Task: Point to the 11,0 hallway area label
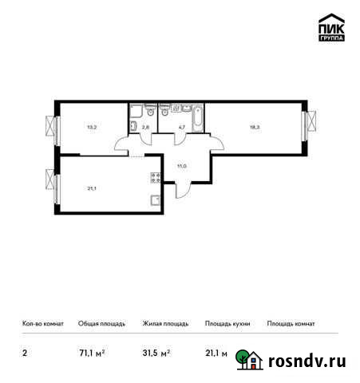[182, 165]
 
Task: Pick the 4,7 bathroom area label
[182, 125]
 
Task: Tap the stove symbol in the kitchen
[152, 178]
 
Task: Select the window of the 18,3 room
[307, 126]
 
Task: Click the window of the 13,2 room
[52, 128]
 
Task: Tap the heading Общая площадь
[101, 324]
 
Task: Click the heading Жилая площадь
[165, 324]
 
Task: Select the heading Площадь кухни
[227, 324]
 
